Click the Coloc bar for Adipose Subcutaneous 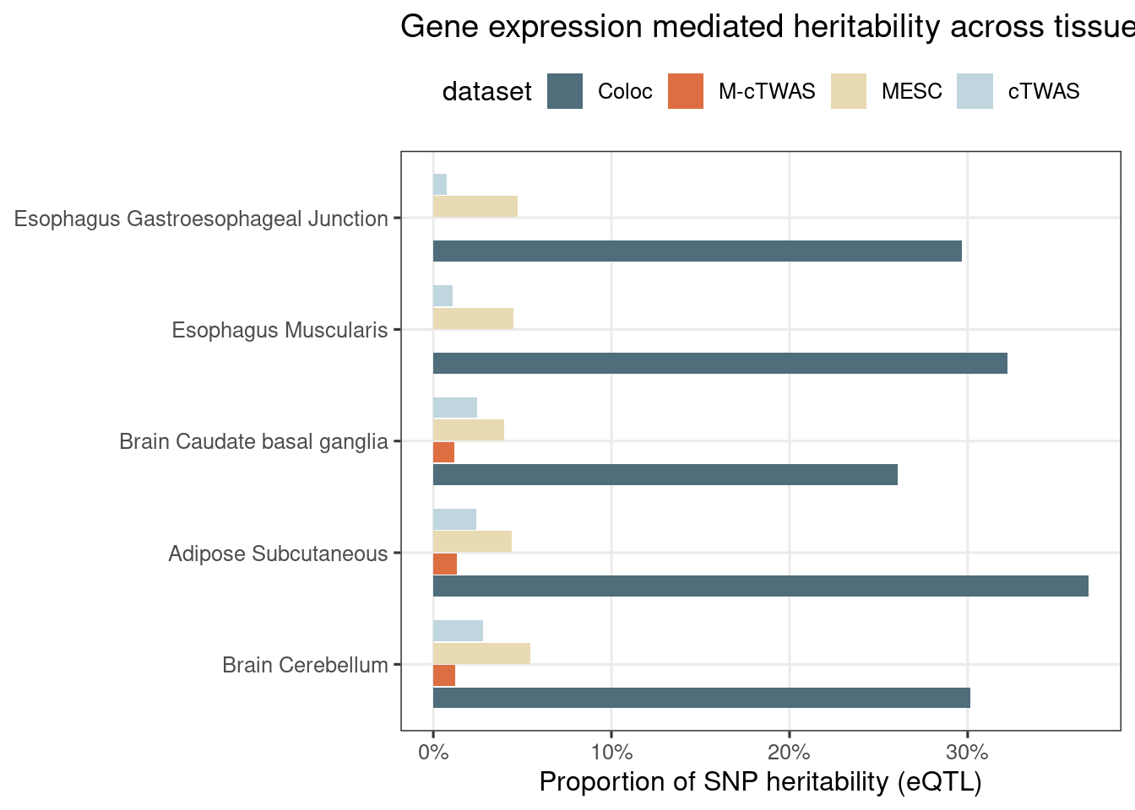tap(760, 586)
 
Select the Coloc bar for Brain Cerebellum tap(701, 698)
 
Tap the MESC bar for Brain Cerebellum tap(481, 654)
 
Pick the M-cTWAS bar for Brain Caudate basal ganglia tap(443, 452)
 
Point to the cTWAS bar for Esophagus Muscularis tap(443, 296)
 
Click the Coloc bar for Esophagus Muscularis tap(720, 363)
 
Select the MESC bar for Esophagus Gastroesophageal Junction tap(475, 207)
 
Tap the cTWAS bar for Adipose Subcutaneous tap(454, 520)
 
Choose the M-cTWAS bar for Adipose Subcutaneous tap(445, 564)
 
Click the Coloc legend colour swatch tap(565, 91)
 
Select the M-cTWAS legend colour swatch tap(686, 91)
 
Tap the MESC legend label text tap(911, 91)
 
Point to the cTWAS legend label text tap(1044, 91)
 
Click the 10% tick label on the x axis tap(611, 751)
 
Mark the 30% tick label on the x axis tap(968, 751)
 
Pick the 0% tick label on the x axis tap(433, 751)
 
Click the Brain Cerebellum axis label tap(305, 666)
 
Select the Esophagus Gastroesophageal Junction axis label tap(201, 219)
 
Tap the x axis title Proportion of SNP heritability tap(760, 782)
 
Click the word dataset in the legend tap(486, 91)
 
